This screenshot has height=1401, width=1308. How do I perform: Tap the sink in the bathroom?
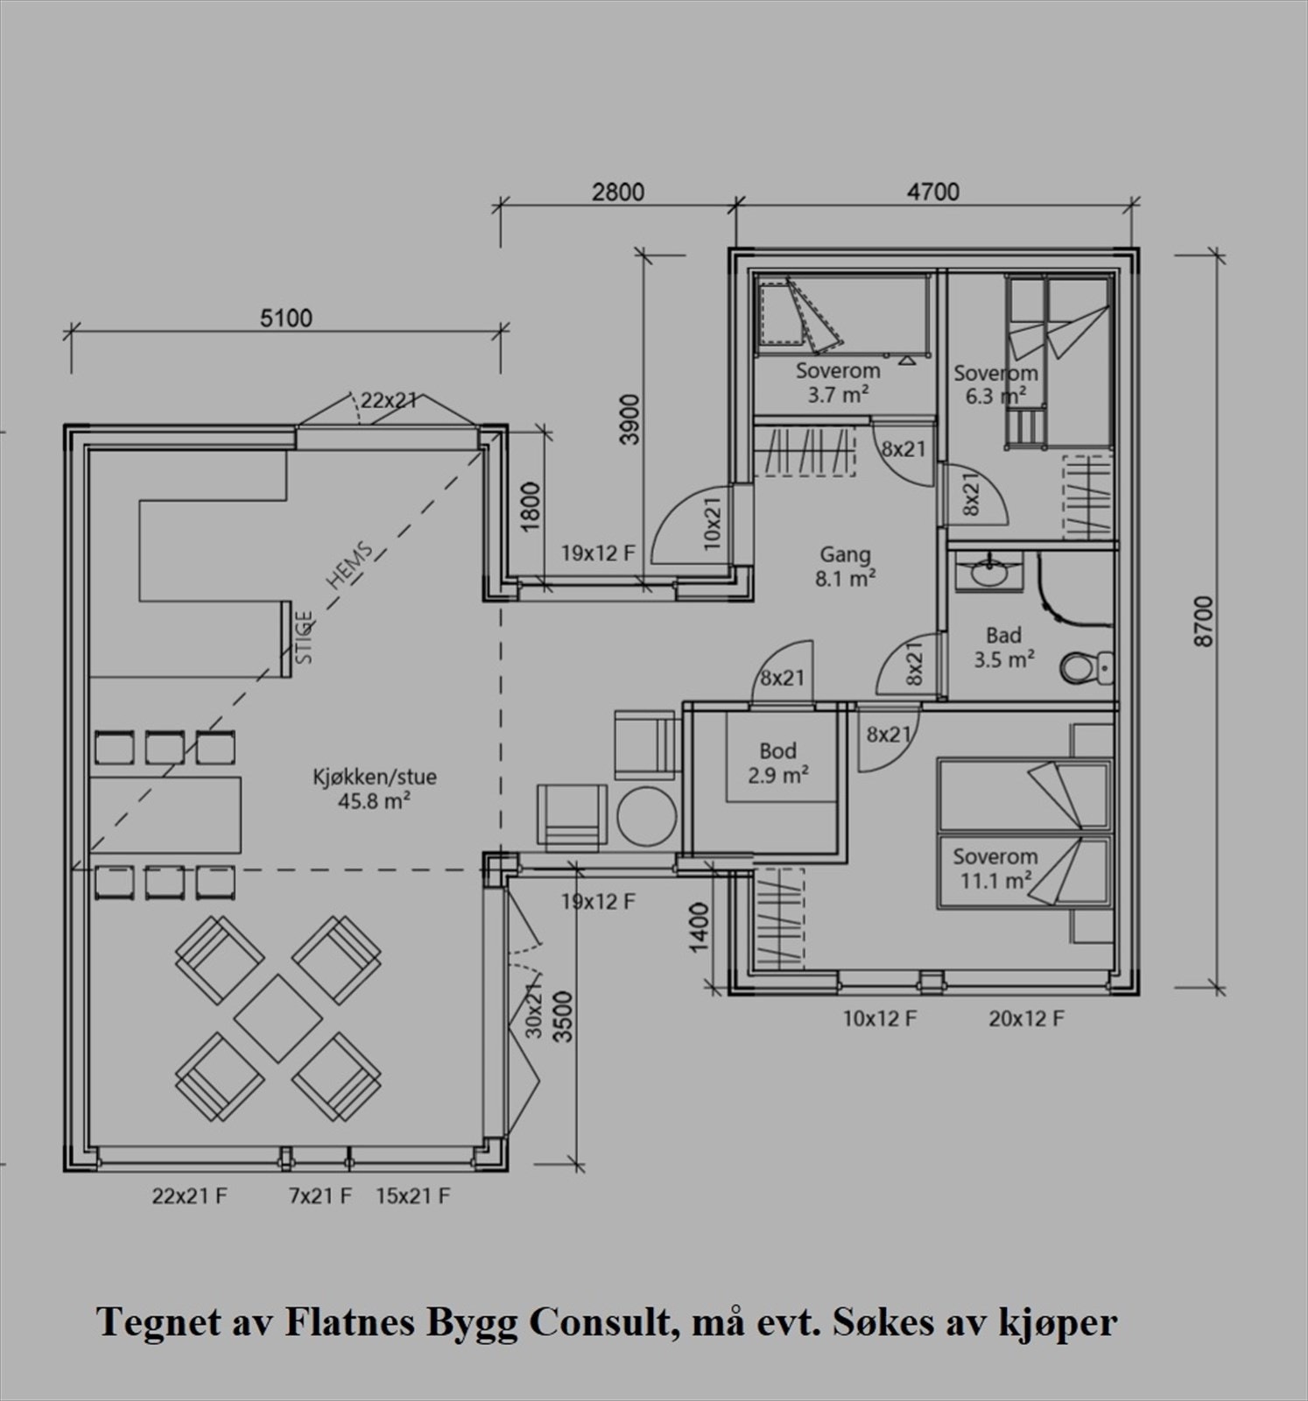pyautogui.click(x=990, y=573)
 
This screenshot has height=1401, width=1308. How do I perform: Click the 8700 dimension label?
pyautogui.click(x=1204, y=621)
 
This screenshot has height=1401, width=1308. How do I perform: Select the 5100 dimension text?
pyautogui.click(x=286, y=318)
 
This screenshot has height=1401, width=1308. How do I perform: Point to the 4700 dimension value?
pyautogui.click(x=933, y=192)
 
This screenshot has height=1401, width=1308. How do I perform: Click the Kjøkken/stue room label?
pyautogui.click(x=375, y=788)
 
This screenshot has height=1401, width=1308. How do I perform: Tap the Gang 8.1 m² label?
pyautogui.click(x=846, y=566)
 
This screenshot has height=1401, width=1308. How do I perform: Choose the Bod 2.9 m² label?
pyautogui.click(x=777, y=763)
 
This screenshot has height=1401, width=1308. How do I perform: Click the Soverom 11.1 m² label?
pyautogui.click(x=995, y=869)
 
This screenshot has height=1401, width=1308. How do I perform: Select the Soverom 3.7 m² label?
pyautogui.click(x=838, y=383)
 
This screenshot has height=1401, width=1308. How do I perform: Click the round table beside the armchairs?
pyautogui.click(x=647, y=816)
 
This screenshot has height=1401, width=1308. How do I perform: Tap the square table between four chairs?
pyautogui.click(x=278, y=1018)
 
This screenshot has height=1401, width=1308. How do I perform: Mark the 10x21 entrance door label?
pyautogui.click(x=712, y=524)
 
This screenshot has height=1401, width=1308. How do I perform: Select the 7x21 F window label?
pyautogui.click(x=320, y=1195)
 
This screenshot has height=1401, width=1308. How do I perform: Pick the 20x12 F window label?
pyautogui.click(x=1026, y=1018)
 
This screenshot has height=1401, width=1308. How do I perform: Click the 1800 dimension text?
pyautogui.click(x=531, y=507)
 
